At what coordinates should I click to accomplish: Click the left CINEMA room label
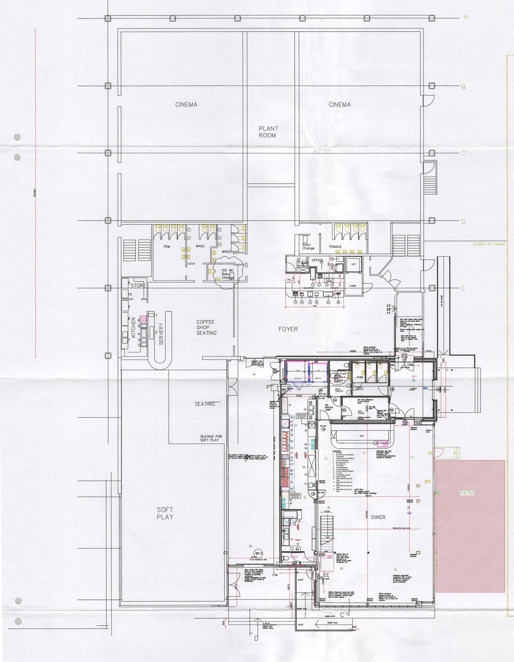(186, 105)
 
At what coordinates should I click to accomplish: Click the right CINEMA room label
(339, 105)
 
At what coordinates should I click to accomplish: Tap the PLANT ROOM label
(268, 132)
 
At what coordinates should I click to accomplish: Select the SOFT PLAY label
(165, 513)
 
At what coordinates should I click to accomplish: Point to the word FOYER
(289, 329)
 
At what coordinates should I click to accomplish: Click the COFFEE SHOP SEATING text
(206, 327)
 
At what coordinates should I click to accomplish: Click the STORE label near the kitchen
(139, 285)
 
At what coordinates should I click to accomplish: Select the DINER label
(378, 517)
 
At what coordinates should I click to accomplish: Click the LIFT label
(353, 263)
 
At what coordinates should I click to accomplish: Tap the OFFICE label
(316, 260)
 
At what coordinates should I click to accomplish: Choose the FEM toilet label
(166, 247)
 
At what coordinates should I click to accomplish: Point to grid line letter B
(463, 87)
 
